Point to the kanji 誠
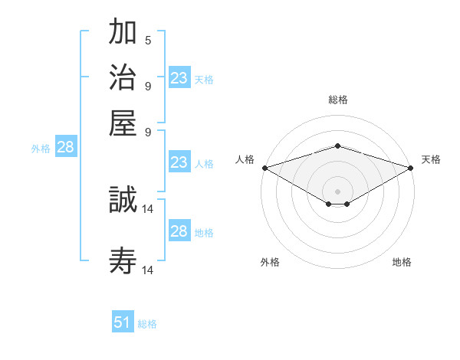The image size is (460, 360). [123, 201]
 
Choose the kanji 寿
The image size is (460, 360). [123, 261]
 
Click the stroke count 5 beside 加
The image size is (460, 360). [148, 40]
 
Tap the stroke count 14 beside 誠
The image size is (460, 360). [149, 208]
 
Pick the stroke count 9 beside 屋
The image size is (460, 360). [148, 130]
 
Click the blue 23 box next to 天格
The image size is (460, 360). [179, 78]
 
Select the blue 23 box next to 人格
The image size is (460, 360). [179, 162]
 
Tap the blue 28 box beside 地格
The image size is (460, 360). [179, 231]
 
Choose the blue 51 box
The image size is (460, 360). [123, 322]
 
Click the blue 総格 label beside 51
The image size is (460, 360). [147, 324]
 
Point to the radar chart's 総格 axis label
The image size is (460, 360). [337, 100]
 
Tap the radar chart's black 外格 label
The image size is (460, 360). [270, 262]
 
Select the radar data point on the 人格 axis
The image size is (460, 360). [264, 167]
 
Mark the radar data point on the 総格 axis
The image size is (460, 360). [337, 146]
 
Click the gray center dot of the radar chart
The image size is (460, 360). [337, 191]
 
